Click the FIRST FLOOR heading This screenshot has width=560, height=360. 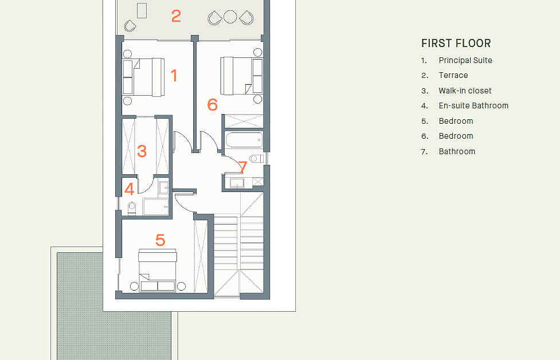456,43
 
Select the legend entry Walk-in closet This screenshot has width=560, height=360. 465,91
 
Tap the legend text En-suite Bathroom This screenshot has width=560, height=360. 473,105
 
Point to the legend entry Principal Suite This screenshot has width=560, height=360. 465,60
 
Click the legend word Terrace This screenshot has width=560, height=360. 453,75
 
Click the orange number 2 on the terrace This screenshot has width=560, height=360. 176,16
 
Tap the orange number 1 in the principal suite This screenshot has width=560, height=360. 174,76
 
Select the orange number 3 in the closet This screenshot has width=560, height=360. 142,151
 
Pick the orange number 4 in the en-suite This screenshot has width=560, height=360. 130,189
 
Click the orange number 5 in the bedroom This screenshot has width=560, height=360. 160,240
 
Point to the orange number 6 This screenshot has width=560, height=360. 212,105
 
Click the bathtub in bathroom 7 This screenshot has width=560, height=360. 244,140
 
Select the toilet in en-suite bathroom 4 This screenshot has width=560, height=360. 132,208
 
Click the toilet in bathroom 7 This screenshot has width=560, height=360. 256,158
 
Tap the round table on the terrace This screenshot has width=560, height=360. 230,17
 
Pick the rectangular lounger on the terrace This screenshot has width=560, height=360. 142,10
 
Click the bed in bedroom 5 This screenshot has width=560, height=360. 158,271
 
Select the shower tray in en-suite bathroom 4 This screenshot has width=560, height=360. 156,207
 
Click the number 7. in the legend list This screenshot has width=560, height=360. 424,152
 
